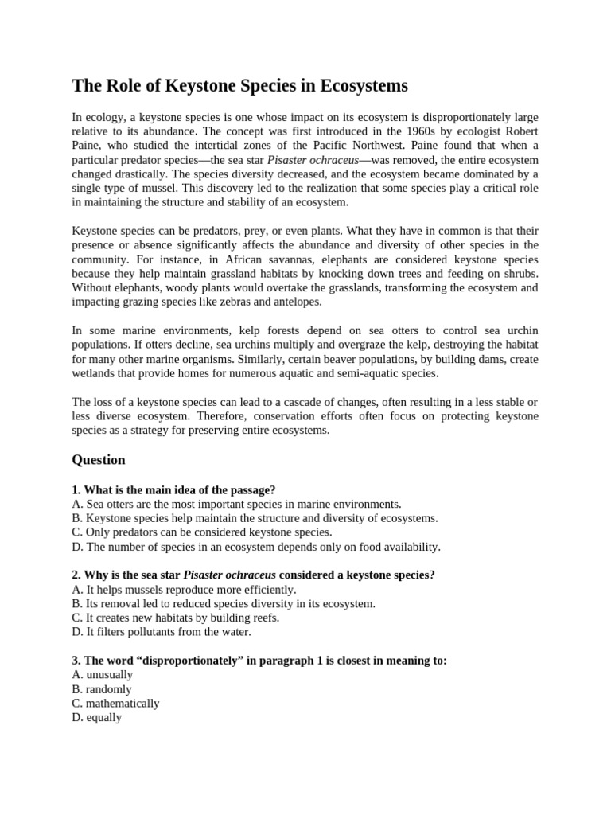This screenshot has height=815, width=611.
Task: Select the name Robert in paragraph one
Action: [x=519, y=131]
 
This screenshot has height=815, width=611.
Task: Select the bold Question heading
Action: [x=99, y=459]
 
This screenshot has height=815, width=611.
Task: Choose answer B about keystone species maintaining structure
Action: [x=255, y=518]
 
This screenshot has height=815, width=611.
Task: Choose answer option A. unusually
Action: [x=102, y=675]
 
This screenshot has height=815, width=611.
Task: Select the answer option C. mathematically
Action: [x=115, y=704]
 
